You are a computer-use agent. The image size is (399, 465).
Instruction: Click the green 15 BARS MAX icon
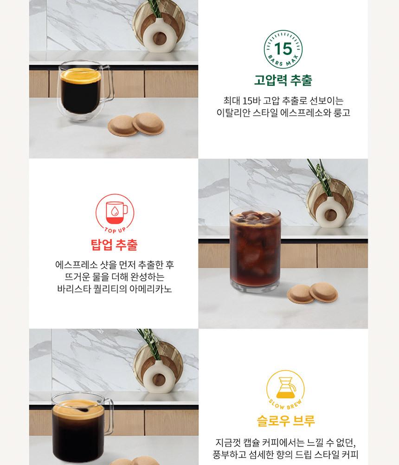click(283, 49)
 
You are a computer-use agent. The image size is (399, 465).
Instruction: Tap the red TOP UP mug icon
click(115, 213)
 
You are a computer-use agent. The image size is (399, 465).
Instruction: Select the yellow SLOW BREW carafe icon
click(285, 389)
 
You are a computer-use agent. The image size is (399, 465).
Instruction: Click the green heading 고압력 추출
click(283, 80)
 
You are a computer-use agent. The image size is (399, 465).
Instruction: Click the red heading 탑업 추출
click(114, 245)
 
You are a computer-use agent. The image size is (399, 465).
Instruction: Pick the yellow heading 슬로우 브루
click(286, 420)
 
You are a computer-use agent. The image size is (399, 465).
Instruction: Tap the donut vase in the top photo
click(160, 35)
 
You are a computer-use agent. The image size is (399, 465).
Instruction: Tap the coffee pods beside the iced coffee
click(312, 293)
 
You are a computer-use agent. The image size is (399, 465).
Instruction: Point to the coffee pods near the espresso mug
click(136, 124)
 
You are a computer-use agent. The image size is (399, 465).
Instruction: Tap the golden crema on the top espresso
click(81, 75)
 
